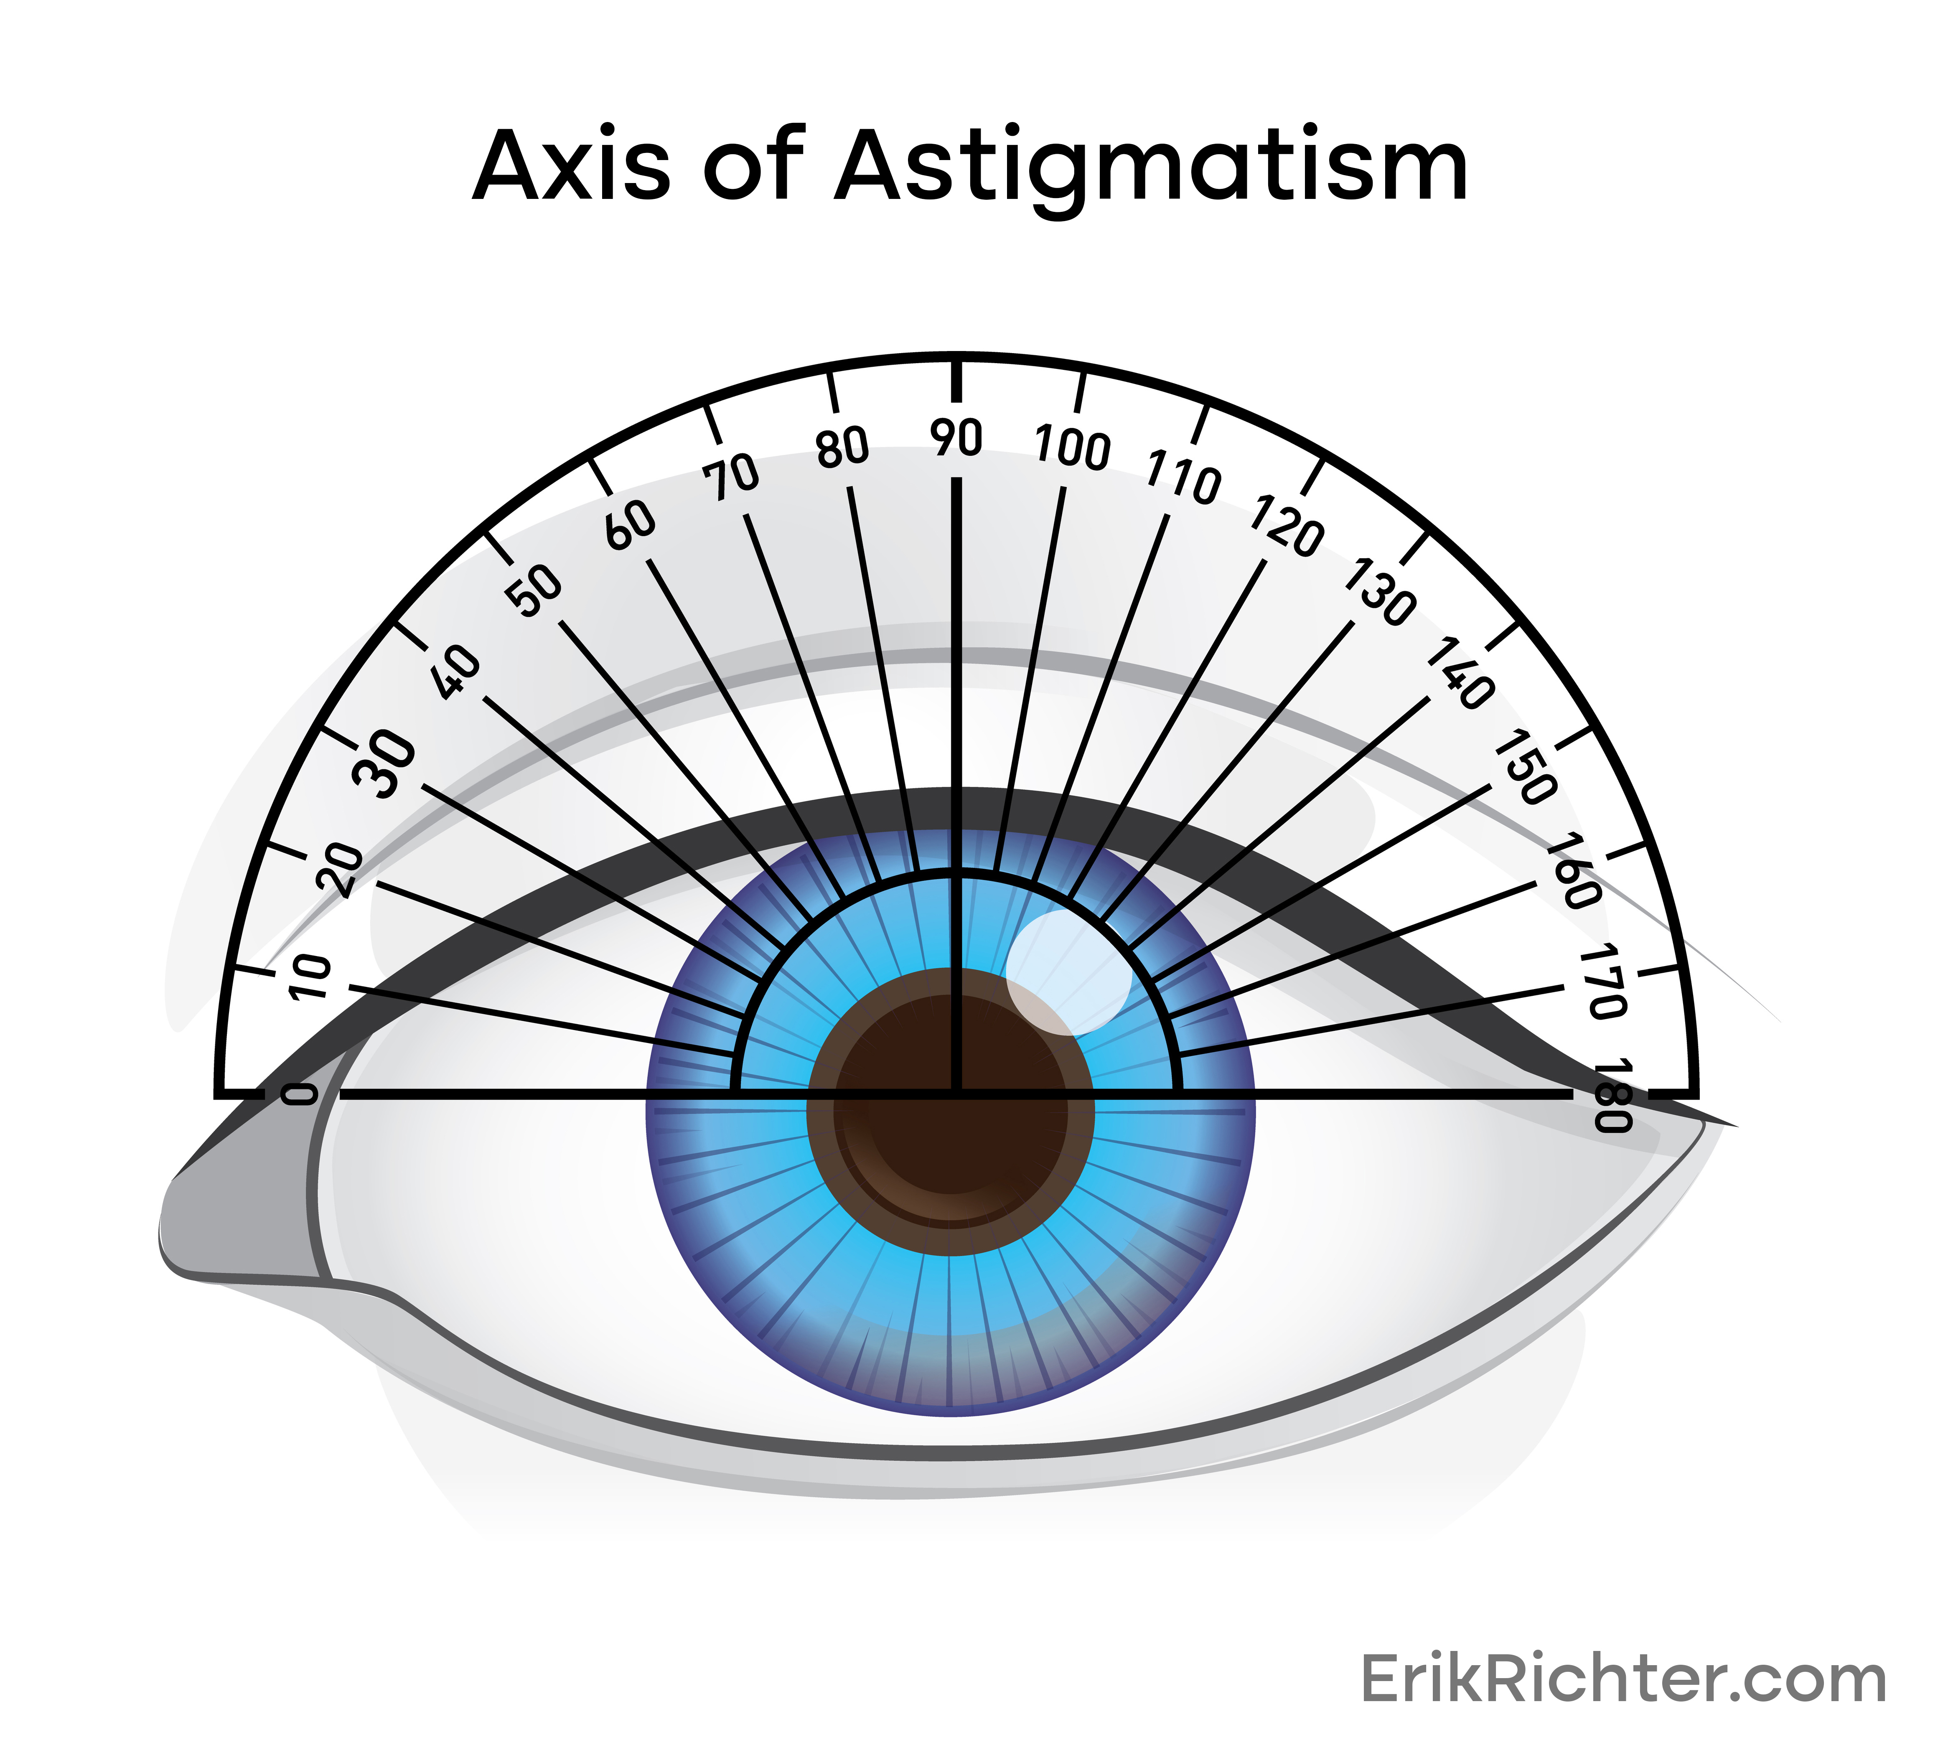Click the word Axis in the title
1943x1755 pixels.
click(x=570, y=166)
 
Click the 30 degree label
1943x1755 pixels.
click(x=384, y=765)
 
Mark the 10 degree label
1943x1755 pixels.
click(x=310, y=977)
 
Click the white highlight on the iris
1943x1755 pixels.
click(x=1068, y=972)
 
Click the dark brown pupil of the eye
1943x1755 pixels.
click(x=949, y=1108)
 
